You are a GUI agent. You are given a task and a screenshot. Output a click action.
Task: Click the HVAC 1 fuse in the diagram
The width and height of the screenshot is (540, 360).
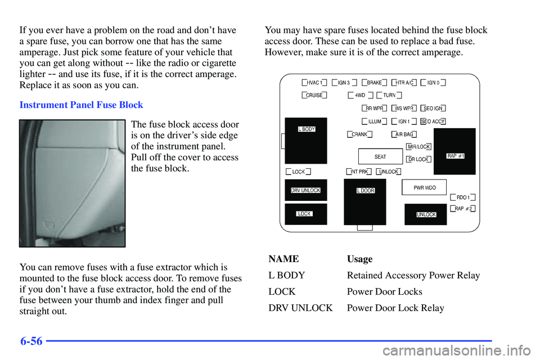(314, 82)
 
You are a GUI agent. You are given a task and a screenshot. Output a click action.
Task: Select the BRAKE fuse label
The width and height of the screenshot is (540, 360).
(374, 82)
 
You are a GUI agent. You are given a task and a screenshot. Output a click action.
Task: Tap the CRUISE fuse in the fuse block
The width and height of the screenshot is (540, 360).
(314, 95)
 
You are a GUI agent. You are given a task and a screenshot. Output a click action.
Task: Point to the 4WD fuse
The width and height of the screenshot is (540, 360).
(360, 95)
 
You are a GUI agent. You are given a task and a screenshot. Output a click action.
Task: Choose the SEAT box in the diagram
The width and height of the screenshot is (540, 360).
(380, 156)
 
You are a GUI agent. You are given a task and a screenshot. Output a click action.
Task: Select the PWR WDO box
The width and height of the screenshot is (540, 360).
(424, 187)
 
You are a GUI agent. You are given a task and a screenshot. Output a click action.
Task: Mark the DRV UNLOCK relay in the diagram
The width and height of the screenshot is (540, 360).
(305, 191)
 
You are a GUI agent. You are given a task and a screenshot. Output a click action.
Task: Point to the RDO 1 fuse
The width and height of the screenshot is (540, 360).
(463, 197)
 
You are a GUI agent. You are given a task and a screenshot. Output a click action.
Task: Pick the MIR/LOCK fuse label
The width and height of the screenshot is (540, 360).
(418, 147)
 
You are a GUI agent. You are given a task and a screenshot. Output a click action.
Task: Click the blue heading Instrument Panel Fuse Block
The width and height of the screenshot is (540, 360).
(81, 105)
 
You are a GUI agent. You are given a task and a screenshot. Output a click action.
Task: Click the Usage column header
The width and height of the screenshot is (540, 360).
(359, 259)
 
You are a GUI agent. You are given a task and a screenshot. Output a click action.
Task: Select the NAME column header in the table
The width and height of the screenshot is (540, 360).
(283, 259)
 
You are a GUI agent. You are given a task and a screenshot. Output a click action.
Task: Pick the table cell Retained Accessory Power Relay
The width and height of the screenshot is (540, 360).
(413, 275)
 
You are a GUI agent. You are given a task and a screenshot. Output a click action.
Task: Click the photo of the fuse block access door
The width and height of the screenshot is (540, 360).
(72, 183)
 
